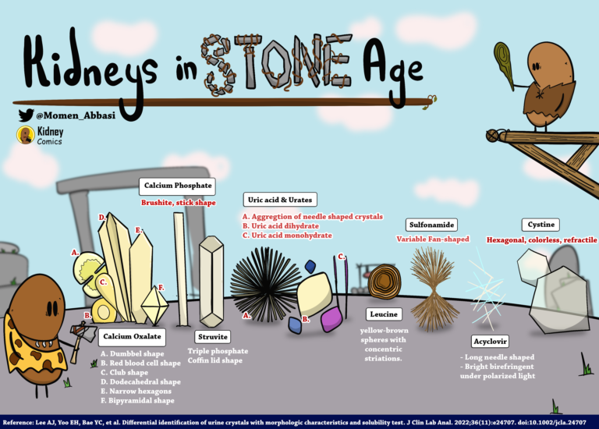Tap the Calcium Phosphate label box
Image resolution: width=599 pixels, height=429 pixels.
pyautogui.click(x=178, y=186)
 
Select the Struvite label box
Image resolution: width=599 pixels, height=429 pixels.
pyautogui.click(x=213, y=337)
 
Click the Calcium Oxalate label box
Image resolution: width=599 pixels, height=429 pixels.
pyautogui.click(x=131, y=337)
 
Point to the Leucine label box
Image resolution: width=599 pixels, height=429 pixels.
pyautogui.click(x=384, y=314)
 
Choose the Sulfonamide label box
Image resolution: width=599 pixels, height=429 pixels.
pyautogui.click(x=432, y=225)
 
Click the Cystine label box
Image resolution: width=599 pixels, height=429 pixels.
pyautogui.click(x=542, y=225)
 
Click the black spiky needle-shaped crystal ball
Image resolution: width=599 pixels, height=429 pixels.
pyautogui.click(x=266, y=279)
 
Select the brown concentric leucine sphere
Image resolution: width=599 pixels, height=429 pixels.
pyautogui.click(x=384, y=282)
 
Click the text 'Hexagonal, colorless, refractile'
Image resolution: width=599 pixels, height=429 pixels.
pyautogui.click(x=541, y=240)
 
